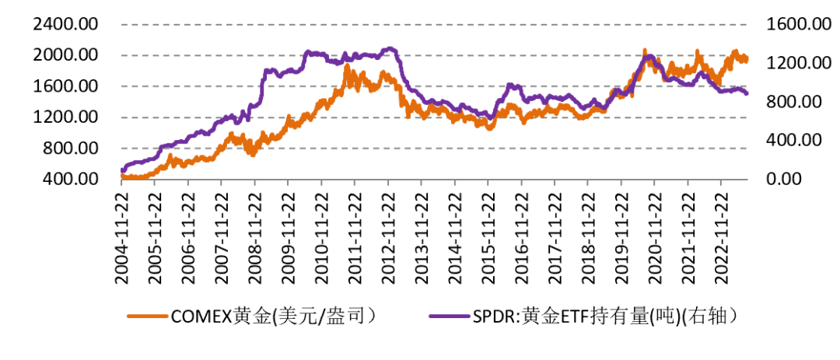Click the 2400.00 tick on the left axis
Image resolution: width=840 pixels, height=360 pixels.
tap(65, 24)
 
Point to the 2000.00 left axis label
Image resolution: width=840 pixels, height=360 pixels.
tap(65, 55)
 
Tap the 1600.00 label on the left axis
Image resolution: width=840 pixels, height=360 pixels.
tap(65, 86)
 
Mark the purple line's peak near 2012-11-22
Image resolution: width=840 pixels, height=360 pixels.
tap(390, 48)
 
